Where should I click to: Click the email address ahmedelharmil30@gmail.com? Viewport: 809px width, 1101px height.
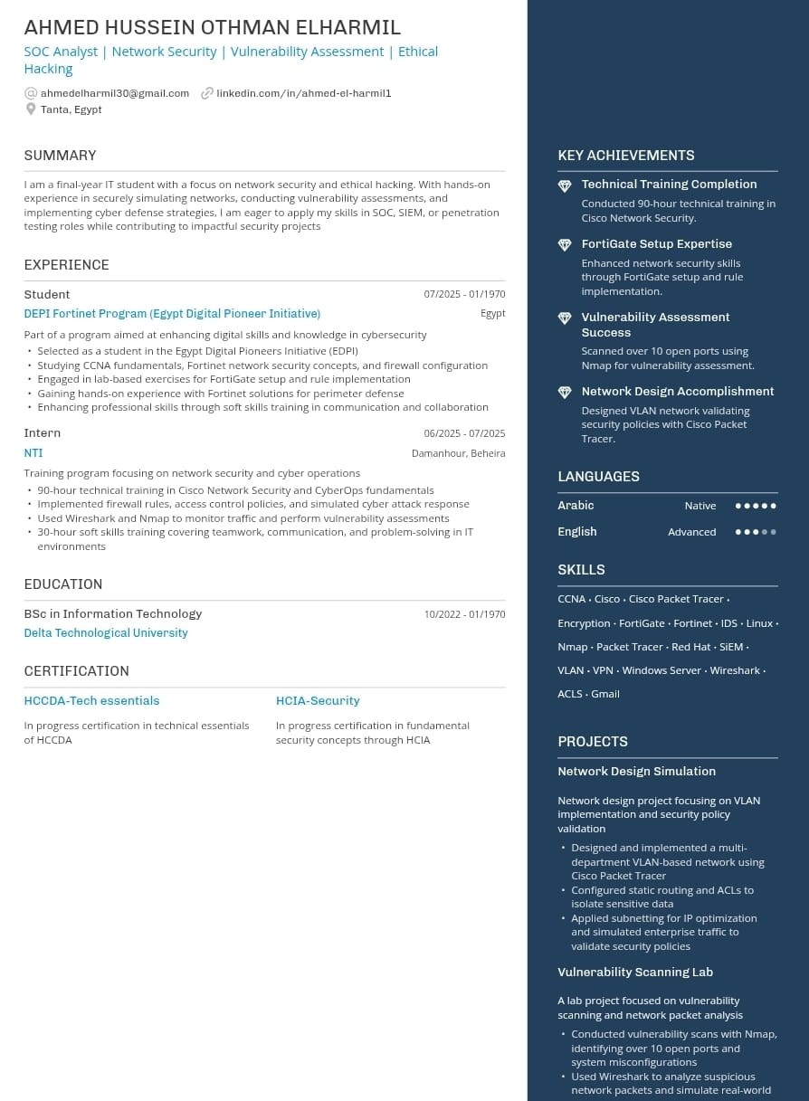pyautogui.click(x=115, y=93)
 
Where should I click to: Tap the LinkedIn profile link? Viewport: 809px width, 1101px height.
pyautogui.click(x=303, y=93)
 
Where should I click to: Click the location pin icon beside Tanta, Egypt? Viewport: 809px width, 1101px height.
pyautogui.click(x=31, y=109)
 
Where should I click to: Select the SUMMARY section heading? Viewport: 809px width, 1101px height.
pyautogui.click(x=60, y=156)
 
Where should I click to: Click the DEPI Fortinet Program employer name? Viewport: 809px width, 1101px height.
pyautogui.click(x=172, y=314)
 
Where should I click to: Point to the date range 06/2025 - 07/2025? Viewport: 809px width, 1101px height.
pyautogui.click(x=464, y=433)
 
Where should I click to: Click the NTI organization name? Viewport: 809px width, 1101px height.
pyautogui.click(x=33, y=453)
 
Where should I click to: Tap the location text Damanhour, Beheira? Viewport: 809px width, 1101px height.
pyautogui.click(x=458, y=453)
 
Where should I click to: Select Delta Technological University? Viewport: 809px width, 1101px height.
pyautogui.click(x=106, y=633)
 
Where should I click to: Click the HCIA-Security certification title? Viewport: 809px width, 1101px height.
pyautogui.click(x=318, y=701)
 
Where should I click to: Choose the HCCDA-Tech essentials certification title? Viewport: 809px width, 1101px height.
pyautogui.click(x=91, y=701)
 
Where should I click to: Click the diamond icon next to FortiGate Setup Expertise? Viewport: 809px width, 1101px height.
pyautogui.click(x=565, y=245)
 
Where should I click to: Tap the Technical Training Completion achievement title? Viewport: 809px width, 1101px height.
pyautogui.click(x=669, y=185)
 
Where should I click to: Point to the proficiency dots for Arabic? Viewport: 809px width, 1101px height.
pyautogui.click(x=756, y=506)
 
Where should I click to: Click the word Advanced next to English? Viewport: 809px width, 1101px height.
pyautogui.click(x=691, y=532)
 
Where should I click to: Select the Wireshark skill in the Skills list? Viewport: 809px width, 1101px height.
pyautogui.click(x=735, y=670)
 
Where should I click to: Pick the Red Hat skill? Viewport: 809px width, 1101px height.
pyautogui.click(x=691, y=647)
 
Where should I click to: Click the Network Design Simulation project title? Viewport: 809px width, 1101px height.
pyautogui.click(x=636, y=772)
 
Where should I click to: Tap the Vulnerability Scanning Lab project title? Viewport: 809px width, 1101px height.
pyautogui.click(x=635, y=973)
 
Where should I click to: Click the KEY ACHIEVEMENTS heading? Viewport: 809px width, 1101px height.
pyautogui.click(x=626, y=156)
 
